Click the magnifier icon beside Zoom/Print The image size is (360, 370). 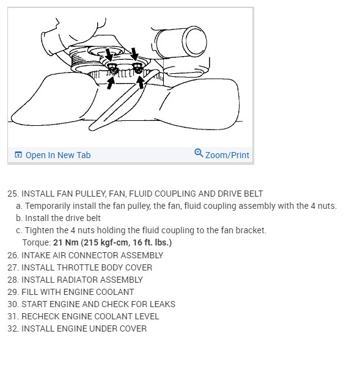point(199,153)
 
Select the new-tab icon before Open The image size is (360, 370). point(18,155)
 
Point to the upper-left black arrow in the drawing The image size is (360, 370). point(109,55)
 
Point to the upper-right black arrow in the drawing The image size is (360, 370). point(134,54)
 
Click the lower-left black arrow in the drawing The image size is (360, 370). point(111,83)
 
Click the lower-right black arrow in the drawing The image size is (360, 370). point(141,82)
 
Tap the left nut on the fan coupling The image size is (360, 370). point(112,68)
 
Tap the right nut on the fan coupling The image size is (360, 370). point(138,68)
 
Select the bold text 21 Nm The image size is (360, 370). point(66,242)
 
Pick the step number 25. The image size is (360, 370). point(13,194)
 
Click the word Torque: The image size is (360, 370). point(37,243)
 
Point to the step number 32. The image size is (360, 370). point(13,328)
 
